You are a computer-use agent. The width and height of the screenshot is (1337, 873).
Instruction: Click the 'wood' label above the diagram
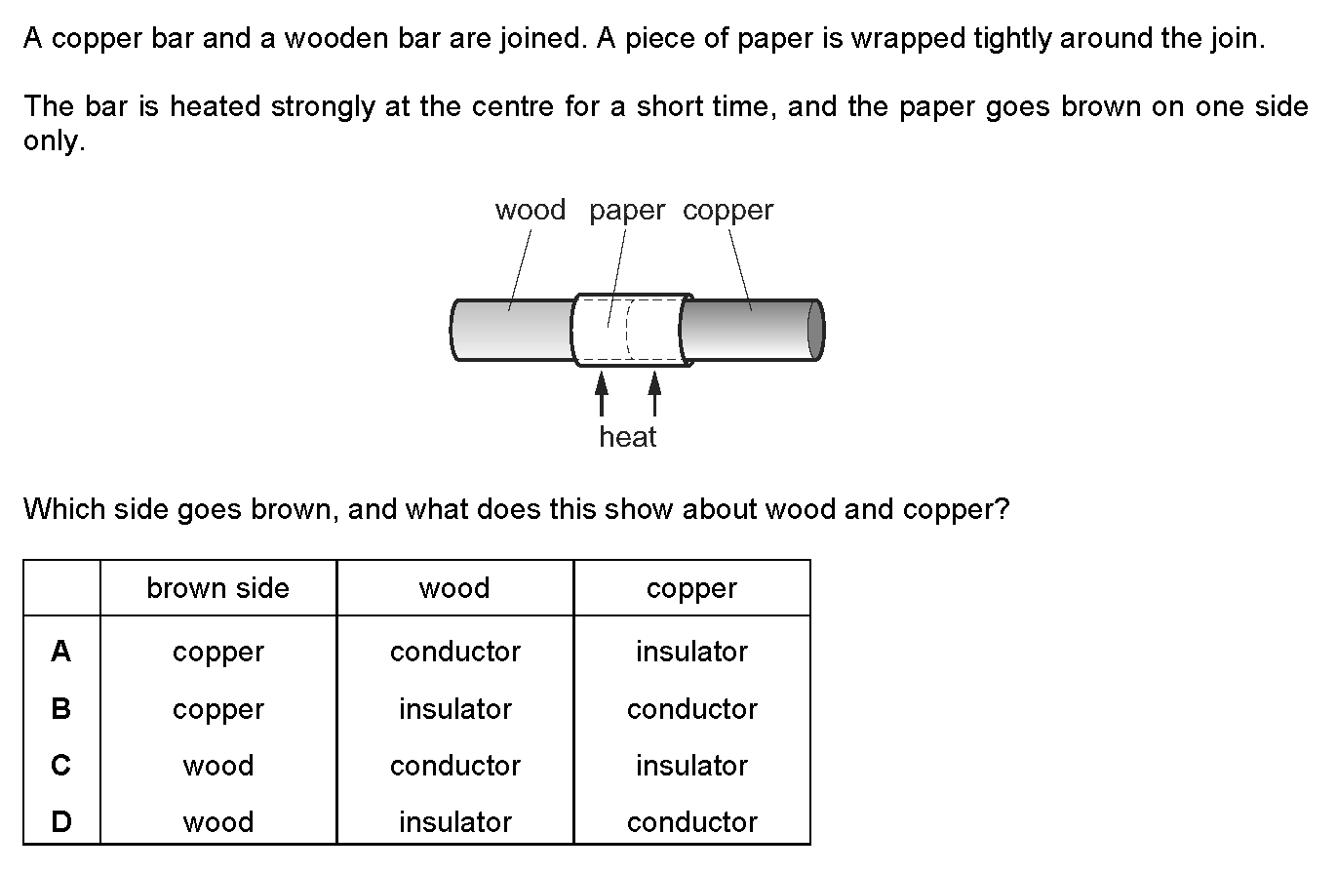pos(531,210)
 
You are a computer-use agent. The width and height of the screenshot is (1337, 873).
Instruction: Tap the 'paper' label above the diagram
pos(627,210)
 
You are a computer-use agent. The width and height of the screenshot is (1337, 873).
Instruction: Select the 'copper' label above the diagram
pos(727,210)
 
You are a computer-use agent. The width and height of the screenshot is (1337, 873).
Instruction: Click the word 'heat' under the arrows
pos(628,437)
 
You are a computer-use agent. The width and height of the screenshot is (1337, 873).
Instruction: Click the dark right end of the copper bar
pos(815,331)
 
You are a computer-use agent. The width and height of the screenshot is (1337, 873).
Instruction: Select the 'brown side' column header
pos(217,588)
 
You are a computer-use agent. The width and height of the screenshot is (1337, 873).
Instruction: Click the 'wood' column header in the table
pos(454,588)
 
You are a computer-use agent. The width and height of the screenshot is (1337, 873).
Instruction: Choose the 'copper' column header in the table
pos(691,588)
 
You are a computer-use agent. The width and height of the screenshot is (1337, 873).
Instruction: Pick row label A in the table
pos(60,651)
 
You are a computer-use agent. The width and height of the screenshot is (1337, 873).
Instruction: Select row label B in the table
pos(60,708)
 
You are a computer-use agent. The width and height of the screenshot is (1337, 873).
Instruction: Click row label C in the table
pos(60,766)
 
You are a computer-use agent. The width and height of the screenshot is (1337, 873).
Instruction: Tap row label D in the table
pos(60,822)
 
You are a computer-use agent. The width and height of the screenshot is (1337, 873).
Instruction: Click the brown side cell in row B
pos(217,709)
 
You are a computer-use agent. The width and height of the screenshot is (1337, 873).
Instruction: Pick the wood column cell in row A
pos(454,652)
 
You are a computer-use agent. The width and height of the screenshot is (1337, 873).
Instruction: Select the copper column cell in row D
pos(691,822)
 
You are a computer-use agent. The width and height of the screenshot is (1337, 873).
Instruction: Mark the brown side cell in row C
pos(217,766)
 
